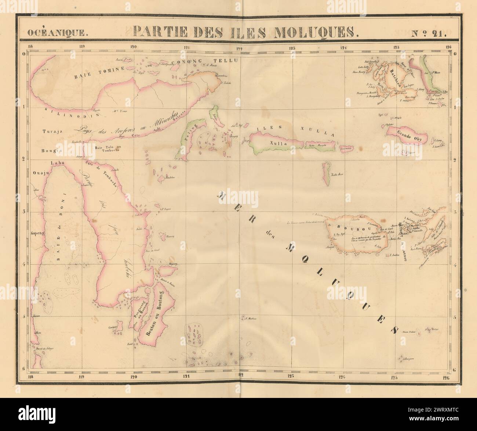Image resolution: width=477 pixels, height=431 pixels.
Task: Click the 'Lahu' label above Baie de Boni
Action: [55, 165]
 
